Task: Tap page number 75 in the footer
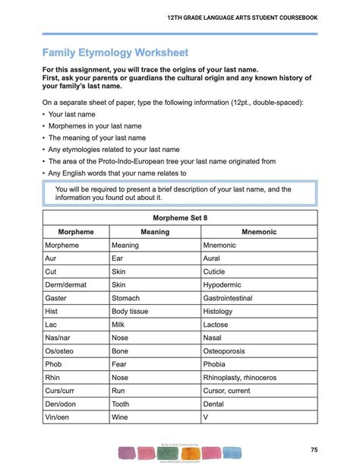pos(335,449)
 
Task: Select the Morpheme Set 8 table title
pos(180,217)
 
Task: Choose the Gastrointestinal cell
pos(238,298)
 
